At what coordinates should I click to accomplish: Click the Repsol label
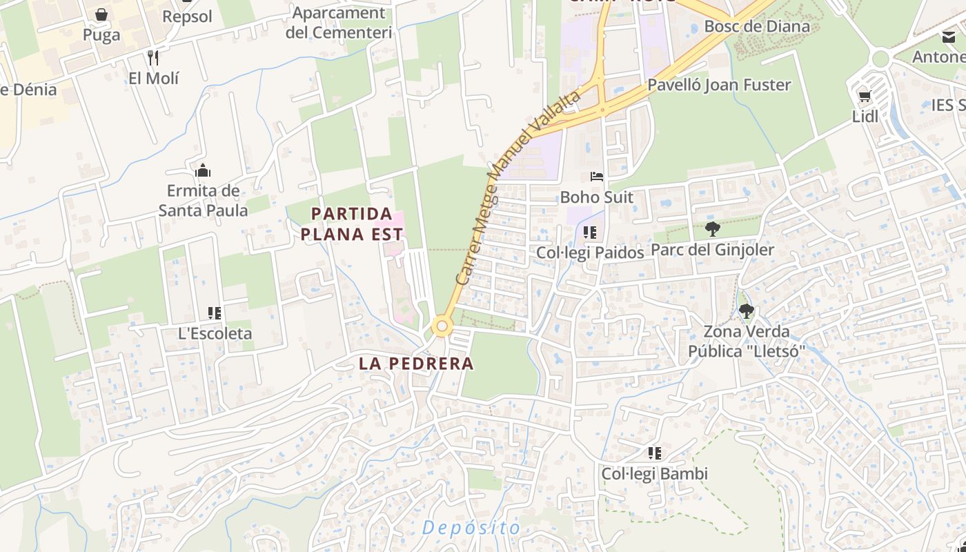tap(187, 17)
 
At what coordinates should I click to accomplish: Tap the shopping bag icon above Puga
tap(101, 14)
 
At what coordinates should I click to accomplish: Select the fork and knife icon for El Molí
tap(153, 57)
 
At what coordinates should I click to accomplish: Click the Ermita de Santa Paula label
tap(203, 200)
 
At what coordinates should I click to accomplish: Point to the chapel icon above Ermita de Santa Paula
tap(203, 170)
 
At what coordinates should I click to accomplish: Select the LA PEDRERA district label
tap(416, 364)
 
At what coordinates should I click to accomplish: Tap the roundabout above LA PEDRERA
tap(442, 326)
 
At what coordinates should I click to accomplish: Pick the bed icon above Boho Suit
tap(596, 177)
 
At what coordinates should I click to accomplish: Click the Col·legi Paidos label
tap(590, 253)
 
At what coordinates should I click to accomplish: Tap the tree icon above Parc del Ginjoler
tap(712, 229)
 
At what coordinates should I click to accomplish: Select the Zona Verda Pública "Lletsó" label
tap(747, 342)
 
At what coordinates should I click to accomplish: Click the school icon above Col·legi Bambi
tap(654, 453)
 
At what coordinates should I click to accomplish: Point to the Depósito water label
tap(471, 528)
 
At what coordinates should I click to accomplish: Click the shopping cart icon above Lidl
tap(865, 96)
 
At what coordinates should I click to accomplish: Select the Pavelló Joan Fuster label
tap(719, 85)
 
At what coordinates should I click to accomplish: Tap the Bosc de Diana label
tap(756, 26)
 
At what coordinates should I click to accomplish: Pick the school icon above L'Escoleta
tap(215, 313)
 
